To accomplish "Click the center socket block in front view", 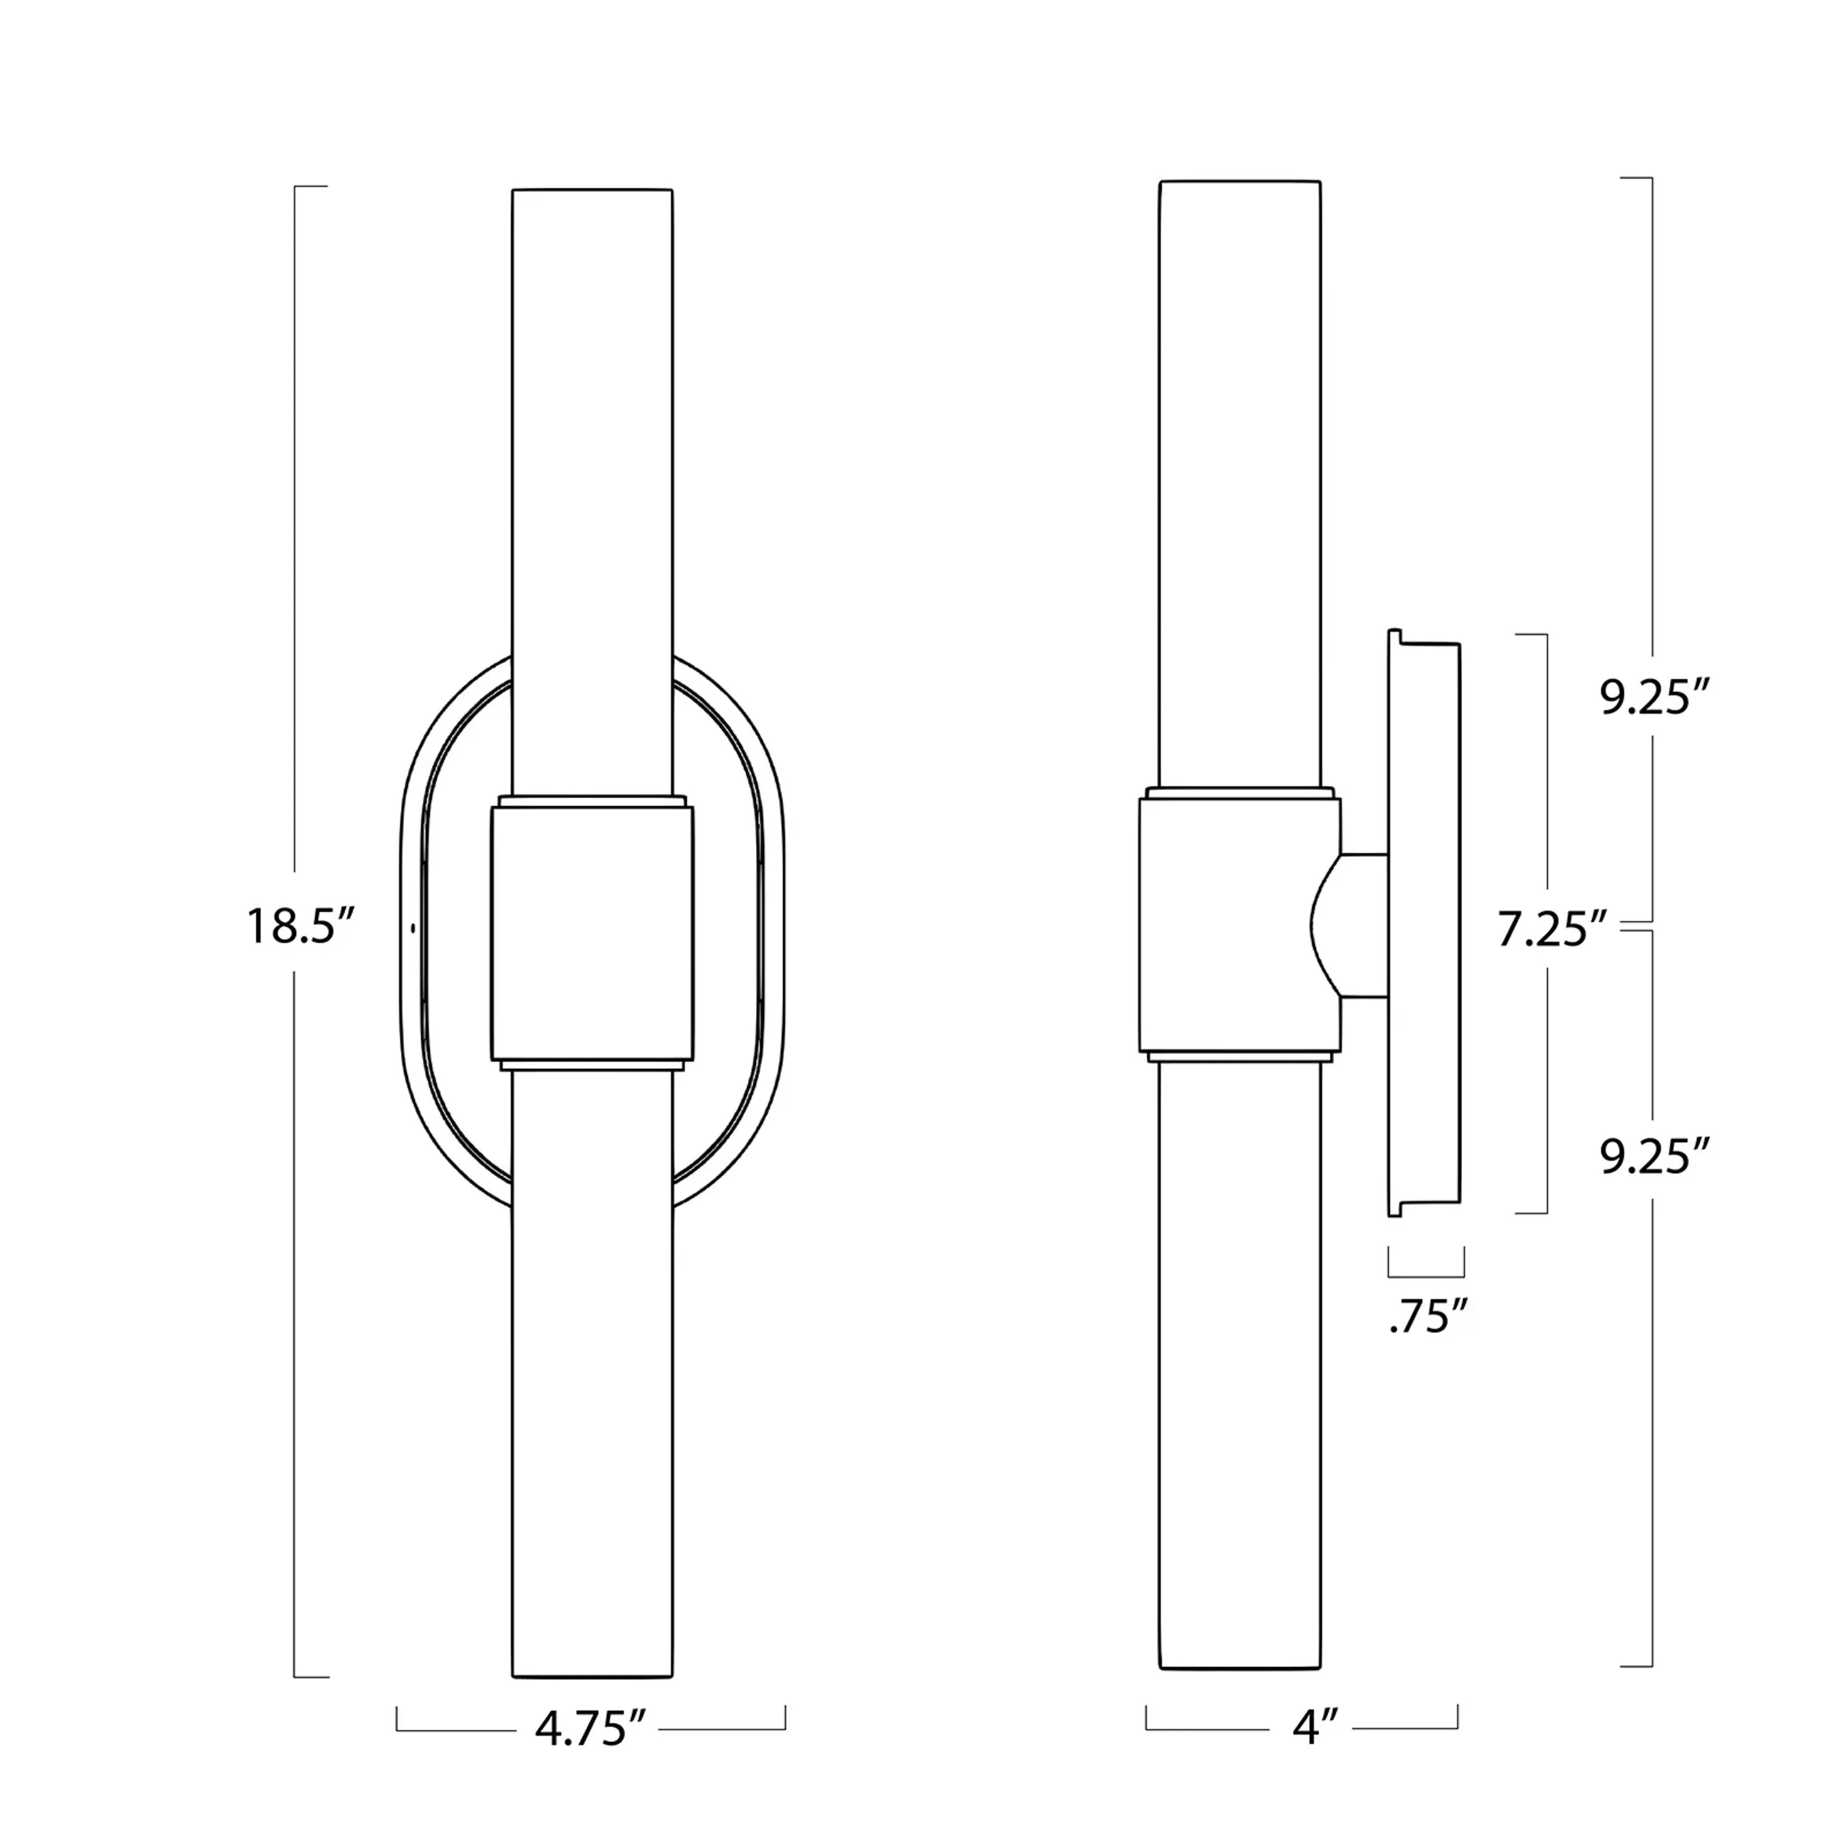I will coord(592,931).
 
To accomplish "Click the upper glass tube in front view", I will coord(592,477).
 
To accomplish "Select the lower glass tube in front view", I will coord(592,1384).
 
